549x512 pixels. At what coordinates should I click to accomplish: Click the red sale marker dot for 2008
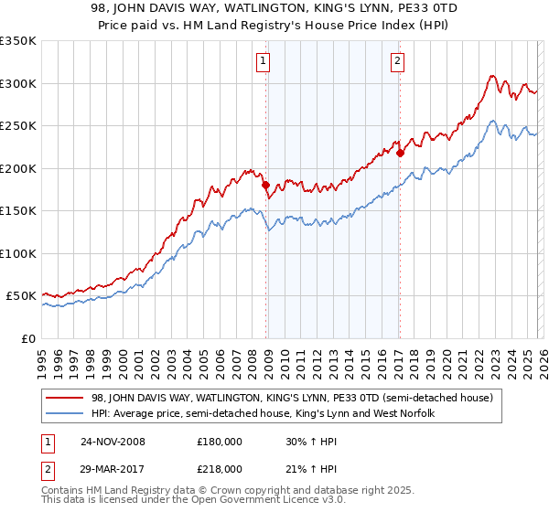[x=266, y=186]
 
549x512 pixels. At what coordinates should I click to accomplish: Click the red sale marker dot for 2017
[x=401, y=154]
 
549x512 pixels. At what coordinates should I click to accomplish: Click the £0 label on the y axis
[x=28, y=338]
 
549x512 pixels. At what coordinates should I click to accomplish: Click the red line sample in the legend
[x=67, y=398]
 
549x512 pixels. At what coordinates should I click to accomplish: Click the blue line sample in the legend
[x=67, y=414]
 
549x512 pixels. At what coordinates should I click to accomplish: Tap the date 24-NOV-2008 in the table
[x=112, y=441]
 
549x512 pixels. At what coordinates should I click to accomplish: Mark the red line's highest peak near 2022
[x=492, y=76]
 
